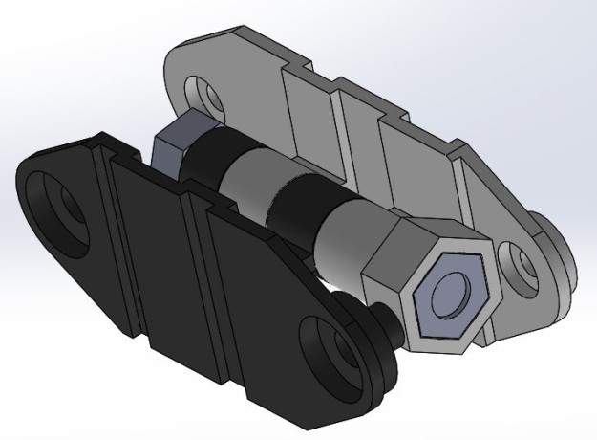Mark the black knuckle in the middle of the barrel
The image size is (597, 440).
click(x=295, y=206)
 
